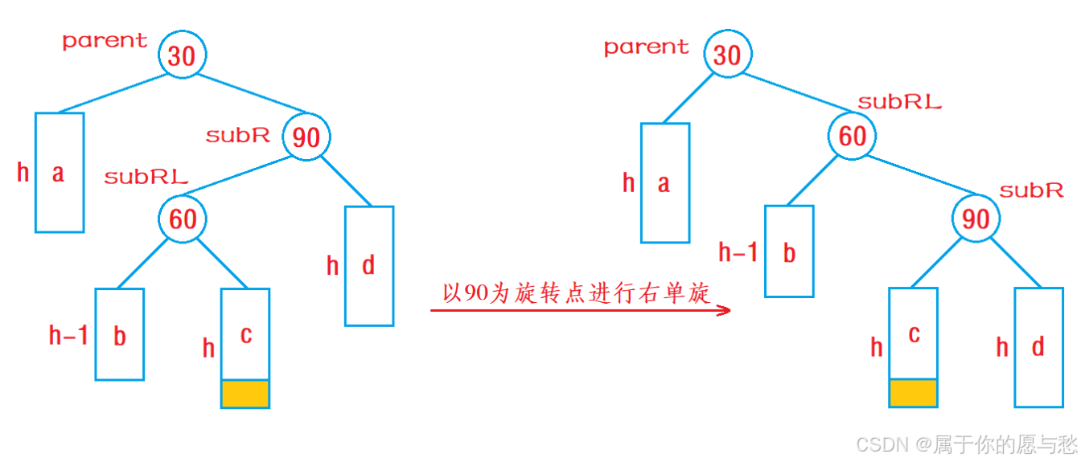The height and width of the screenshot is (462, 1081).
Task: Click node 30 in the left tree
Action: pyautogui.click(x=183, y=55)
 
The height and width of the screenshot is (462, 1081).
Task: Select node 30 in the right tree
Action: pyautogui.click(x=727, y=55)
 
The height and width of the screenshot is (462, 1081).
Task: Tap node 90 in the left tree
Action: pyautogui.click(x=306, y=137)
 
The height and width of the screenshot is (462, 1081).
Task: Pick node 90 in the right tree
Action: pyautogui.click(x=976, y=219)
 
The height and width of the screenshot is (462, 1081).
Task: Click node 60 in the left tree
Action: pyautogui.click(x=183, y=219)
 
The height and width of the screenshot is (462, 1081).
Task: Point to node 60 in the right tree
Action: pyautogui.click(x=852, y=137)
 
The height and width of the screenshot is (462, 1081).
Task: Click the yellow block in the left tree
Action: pyautogui.click(x=245, y=394)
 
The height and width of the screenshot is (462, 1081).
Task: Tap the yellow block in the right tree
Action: pyautogui.click(x=913, y=393)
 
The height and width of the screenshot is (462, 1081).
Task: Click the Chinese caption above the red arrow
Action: pyautogui.click(x=577, y=293)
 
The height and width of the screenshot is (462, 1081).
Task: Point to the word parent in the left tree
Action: pyautogui.click(x=105, y=41)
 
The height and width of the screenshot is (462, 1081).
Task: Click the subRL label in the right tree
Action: pyautogui.click(x=899, y=102)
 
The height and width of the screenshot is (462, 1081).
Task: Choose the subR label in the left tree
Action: pyautogui.click(x=238, y=135)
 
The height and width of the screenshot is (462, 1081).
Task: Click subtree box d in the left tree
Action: pyautogui.click(x=369, y=266)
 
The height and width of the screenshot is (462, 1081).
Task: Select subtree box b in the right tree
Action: pyautogui.click(x=789, y=251)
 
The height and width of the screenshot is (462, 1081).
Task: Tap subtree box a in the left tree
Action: pyautogui.click(x=60, y=172)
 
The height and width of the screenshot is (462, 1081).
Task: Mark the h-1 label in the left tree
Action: pyautogui.click(x=68, y=335)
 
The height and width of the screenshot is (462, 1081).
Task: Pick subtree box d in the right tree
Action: pyautogui.click(x=1038, y=347)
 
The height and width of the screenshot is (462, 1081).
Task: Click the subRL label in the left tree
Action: pyautogui.click(x=146, y=177)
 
